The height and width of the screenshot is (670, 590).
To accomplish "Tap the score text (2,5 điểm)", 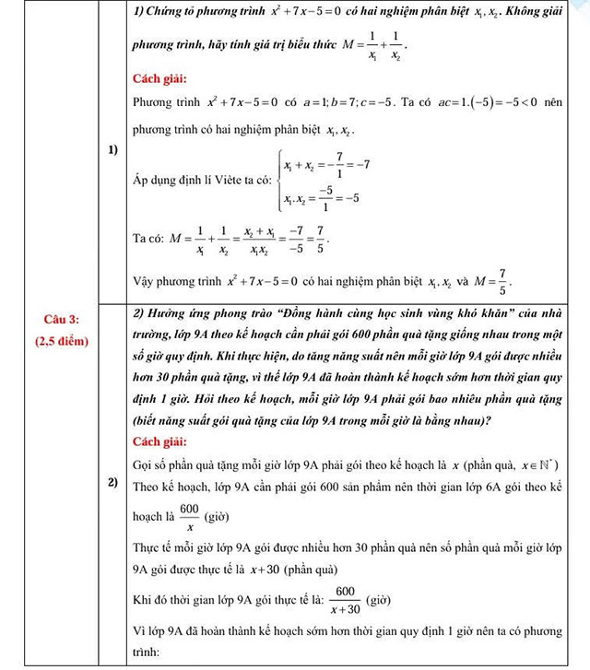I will coord(62,342).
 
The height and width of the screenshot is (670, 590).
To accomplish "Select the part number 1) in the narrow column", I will coord(111,148).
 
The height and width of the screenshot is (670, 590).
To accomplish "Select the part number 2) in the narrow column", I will coord(111,483).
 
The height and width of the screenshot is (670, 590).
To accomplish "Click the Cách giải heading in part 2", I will coord(160,441).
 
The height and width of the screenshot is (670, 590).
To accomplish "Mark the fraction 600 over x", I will coord(189,517).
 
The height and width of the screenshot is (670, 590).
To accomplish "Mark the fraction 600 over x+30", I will coord(346,599).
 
